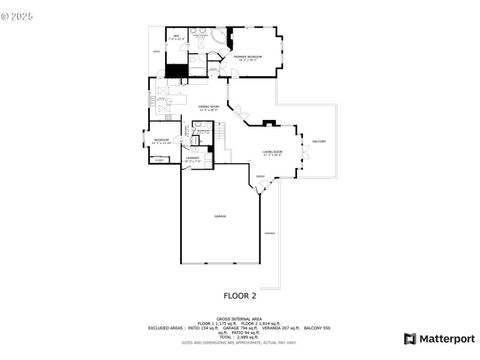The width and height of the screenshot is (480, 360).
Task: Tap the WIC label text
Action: (176, 37)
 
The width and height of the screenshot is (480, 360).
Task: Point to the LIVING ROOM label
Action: (272, 153)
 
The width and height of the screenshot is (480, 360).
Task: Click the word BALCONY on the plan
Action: (319, 141)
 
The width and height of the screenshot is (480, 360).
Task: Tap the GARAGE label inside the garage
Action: (220, 215)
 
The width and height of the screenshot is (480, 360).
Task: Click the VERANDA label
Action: (270, 233)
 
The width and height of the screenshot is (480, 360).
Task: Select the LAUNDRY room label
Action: (192, 159)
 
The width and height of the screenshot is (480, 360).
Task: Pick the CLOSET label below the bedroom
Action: (159, 160)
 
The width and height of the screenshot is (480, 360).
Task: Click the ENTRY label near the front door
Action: (260, 176)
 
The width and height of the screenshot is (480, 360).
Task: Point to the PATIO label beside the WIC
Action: (157, 52)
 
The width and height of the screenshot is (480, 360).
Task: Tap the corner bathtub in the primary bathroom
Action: (220, 38)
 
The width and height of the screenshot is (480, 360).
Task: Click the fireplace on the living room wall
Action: (269, 124)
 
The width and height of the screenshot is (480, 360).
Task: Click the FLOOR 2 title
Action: (240, 295)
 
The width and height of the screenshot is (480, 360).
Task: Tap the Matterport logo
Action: (439, 339)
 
